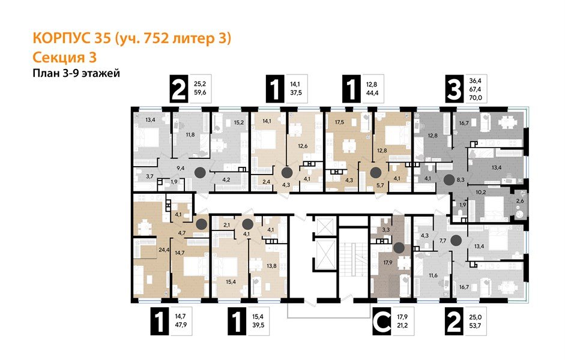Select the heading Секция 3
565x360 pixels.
64,57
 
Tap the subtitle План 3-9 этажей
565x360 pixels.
76,73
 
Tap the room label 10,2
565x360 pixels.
481,193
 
